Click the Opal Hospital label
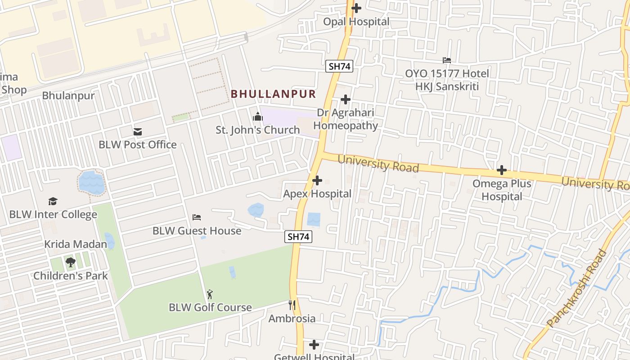tap(356, 22)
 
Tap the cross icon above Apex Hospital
tap(317, 180)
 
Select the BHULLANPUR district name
tap(273, 94)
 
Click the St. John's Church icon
tap(257, 117)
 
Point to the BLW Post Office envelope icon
tap(138, 132)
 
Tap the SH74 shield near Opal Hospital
tap(339, 66)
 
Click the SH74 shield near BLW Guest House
tap(298, 237)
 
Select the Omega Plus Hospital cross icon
tap(502, 170)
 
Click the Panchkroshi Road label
tap(576, 288)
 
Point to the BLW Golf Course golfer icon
tap(210, 295)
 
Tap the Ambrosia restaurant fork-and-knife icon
tap(292, 305)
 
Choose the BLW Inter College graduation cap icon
tap(53, 201)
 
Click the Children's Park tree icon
tap(70, 262)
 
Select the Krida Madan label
tap(76, 244)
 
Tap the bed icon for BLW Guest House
tap(197, 217)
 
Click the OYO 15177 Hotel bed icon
tap(446, 60)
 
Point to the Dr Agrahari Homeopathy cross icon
tap(346, 99)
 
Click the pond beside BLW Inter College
tap(91, 183)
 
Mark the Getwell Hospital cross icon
tap(314, 345)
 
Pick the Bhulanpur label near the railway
tap(68, 96)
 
